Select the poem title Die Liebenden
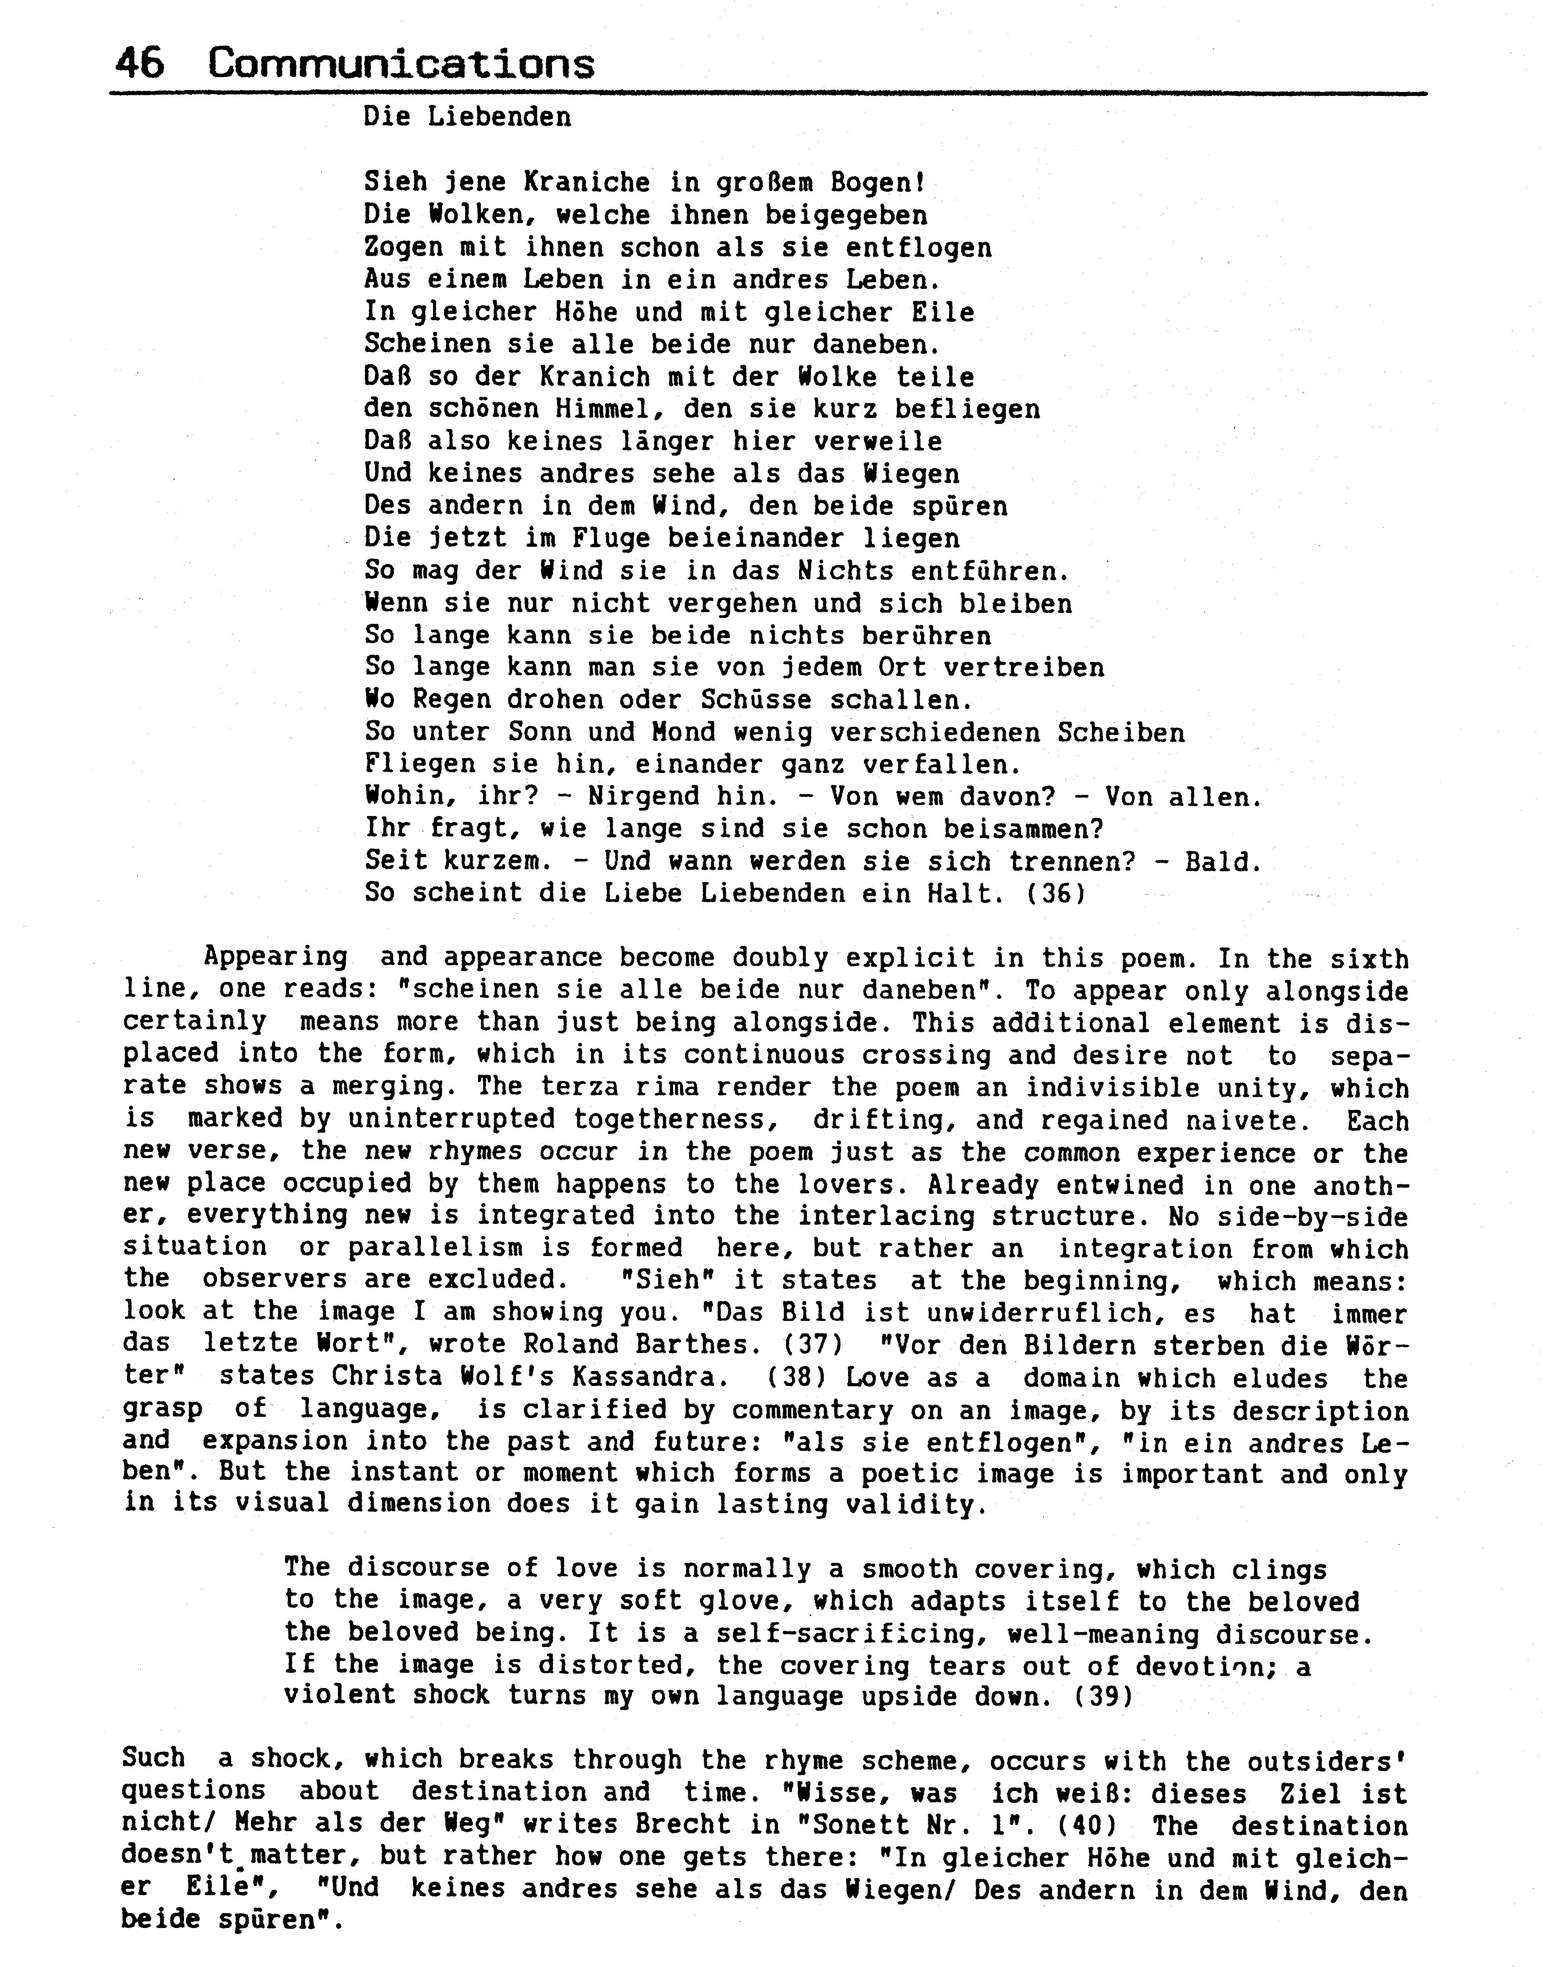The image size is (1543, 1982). [467, 117]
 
